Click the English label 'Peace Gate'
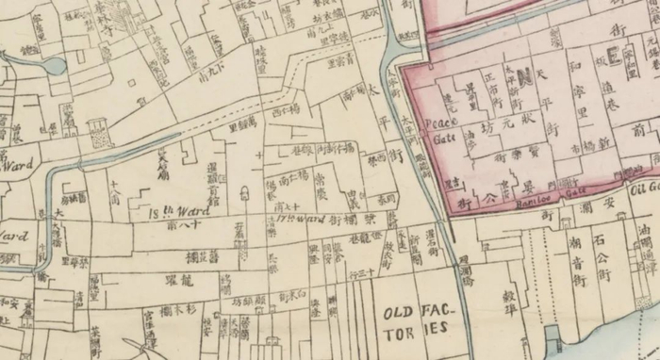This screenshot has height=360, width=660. click(x=437, y=130)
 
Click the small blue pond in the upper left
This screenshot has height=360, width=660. click(x=53, y=66)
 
